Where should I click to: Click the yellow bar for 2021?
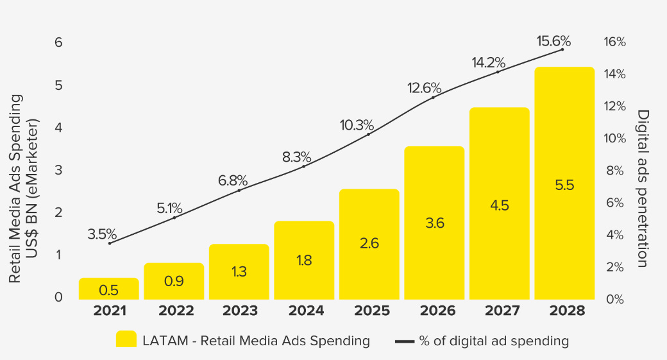pyautogui.click(x=108, y=289)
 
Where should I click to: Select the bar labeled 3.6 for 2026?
pyautogui.click(x=434, y=223)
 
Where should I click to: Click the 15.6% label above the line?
pyautogui.click(x=553, y=42)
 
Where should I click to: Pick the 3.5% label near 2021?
pyautogui.click(x=101, y=234)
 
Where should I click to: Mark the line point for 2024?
pyautogui.click(x=303, y=166)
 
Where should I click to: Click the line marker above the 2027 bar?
pyautogui.click(x=498, y=72)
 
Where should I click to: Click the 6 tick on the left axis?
pyautogui.click(x=58, y=42)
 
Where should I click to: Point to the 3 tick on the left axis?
pyautogui.click(x=58, y=170)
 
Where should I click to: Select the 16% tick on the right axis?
pyautogui.click(x=614, y=42)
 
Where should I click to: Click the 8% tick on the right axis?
pyautogui.click(x=614, y=171)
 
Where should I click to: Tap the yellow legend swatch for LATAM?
pyautogui.click(x=126, y=340)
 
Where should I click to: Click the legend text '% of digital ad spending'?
pyautogui.click(x=494, y=341)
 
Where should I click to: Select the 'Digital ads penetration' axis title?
pyautogui.click(x=643, y=188)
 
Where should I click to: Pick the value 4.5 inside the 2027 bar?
pyautogui.click(x=500, y=205)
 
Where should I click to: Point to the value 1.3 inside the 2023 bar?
pyautogui.click(x=239, y=271)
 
